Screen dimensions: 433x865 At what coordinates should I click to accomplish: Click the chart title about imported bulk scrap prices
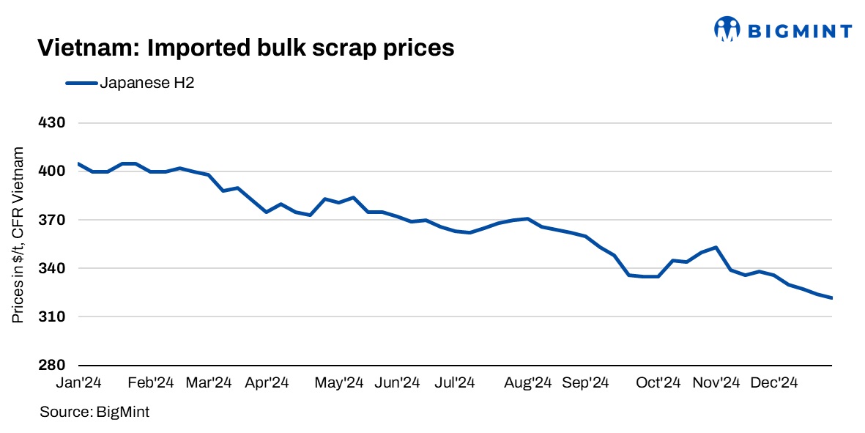click(x=246, y=48)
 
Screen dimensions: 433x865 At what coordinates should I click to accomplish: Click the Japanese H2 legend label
click(x=146, y=84)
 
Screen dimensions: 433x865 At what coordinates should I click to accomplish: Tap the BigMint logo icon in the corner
click(x=728, y=29)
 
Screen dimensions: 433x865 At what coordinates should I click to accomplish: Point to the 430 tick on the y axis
click(x=52, y=123)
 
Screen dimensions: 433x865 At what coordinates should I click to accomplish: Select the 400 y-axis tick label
click(x=52, y=171)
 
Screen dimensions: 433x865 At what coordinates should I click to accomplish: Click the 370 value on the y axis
click(x=52, y=220)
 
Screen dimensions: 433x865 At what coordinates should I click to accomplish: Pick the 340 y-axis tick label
click(x=52, y=268)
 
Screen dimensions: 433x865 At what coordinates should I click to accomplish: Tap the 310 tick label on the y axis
click(x=52, y=317)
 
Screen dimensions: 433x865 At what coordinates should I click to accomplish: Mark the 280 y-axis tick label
click(x=52, y=365)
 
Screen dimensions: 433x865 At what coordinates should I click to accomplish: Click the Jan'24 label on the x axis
click(x=78, y=383)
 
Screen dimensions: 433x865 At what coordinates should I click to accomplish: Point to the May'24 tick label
click(x=339, y=383)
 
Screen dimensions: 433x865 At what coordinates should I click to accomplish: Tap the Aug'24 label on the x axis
click(x=527, y=383)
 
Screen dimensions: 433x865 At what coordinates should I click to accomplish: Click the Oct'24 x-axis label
click(x=658, y=383)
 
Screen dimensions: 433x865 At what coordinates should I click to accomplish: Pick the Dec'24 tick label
click(x=773, y=383)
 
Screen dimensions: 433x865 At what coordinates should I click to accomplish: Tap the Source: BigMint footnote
click(x=94, y=412)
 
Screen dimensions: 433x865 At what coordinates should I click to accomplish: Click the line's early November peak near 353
click(x=716, y=248)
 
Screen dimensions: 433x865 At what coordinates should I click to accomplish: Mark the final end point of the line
click(x=832, y=297)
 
